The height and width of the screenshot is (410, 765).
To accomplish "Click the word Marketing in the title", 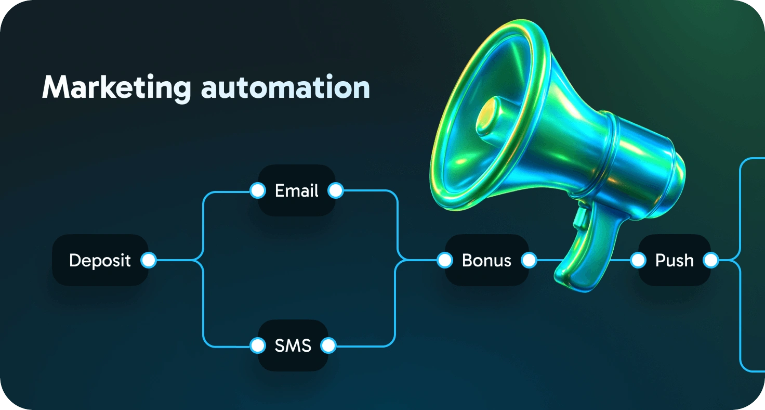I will click(116, 88).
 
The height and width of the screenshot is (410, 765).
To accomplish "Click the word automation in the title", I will click(285, 88).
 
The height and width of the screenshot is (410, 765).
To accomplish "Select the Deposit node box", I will click(100, 260).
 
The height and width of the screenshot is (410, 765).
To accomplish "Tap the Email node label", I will click(296, 191).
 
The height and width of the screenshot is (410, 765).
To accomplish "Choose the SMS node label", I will click(293, 345).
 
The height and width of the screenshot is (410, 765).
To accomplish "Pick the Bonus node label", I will click(486, 260).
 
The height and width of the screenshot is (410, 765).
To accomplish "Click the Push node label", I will click(674, 260).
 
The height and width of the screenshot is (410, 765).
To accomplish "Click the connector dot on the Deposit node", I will click(149, 260).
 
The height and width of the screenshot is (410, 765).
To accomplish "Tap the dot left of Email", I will click(257, 191).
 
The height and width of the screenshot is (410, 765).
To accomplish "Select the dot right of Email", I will click(336, 191).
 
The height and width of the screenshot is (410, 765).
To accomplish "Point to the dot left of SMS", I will click(257, 345).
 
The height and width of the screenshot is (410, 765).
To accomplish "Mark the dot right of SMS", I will click(328, 345).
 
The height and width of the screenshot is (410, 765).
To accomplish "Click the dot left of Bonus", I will click(444, 260).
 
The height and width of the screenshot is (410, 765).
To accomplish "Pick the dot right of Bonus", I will click(529, 260).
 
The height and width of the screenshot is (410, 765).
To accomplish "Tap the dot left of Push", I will click(638, 260).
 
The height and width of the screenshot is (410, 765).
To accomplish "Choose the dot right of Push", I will click(710, 260).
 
